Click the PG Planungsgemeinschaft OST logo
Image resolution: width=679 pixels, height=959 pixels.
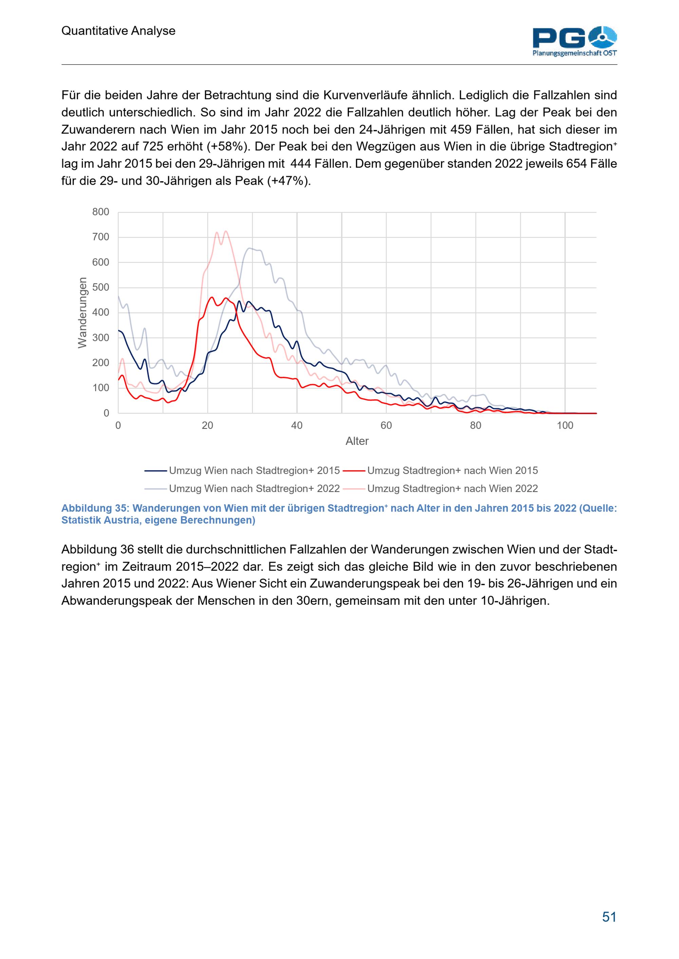[x=575, y=41]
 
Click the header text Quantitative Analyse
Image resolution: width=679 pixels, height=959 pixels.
[x=118, y=31]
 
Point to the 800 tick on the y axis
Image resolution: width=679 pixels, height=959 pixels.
[x=101, y=212]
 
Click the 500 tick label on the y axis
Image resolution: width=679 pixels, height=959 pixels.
[x=101, y=287]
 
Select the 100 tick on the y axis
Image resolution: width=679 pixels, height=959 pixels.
[x=101, y=388]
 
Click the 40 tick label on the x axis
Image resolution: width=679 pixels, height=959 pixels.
[x=297, y=426]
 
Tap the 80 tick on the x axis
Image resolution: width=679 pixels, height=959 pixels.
[x=476, y=426]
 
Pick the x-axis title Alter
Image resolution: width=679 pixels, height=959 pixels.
[x=357, y=442]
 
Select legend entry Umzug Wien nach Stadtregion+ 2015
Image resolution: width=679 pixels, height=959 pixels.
[x=242, y=471]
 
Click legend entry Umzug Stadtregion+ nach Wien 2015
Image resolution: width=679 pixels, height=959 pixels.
[x=440, y=471]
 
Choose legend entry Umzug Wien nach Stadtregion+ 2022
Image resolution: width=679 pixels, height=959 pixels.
[x=242, y=489]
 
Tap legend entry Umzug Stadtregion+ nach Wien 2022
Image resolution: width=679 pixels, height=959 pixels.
[x=440, y=489]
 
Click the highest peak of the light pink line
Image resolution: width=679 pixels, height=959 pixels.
[x=226, y=231]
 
